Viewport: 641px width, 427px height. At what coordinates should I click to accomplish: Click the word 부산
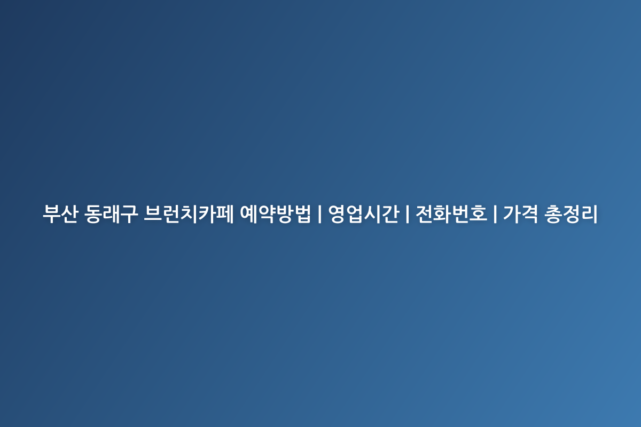tap(60, 213)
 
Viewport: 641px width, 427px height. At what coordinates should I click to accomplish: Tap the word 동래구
tap(111, 213)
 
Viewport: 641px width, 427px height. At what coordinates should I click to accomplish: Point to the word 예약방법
tap(275, 213)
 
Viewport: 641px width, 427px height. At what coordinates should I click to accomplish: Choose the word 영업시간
tap(363, 213)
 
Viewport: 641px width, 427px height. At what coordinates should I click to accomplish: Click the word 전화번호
tap(451, 213)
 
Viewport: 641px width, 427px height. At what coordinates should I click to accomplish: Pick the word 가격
tap(521, 213)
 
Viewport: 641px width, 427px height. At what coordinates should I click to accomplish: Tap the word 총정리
tap(571, 213)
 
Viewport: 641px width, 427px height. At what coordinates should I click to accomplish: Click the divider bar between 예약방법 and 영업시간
tap(319, 214)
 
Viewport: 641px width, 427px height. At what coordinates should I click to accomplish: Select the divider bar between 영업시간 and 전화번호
tap(408, 214)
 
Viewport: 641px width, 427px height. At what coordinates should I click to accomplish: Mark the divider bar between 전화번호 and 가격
tap(495, 214)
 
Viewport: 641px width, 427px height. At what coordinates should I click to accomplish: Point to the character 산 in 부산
tap(69, 213)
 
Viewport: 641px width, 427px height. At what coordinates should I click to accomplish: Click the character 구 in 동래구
tap(129, 213)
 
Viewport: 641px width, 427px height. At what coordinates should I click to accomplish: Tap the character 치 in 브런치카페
tap(189, 213)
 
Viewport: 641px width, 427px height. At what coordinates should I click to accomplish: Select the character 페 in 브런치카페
tap(225, 213)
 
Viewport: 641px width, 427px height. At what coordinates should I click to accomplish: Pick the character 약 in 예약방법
tap(267, 213)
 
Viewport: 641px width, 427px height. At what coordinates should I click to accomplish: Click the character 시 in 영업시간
tap(372, 213)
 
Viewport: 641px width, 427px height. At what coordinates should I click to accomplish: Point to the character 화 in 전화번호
tap(442, 213)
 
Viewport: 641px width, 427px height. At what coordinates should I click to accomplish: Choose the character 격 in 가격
tap(530, 213)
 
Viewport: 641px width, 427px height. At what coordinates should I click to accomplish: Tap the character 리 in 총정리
tap(590, 213)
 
